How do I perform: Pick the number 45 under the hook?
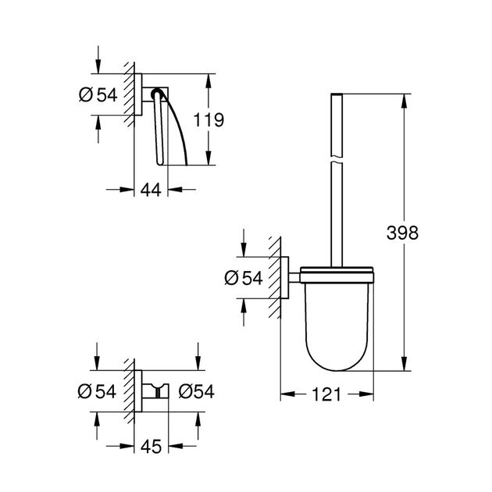pos(153,447)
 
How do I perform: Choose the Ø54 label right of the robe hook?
pos(196,391)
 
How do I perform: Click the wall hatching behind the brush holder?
pos(273,277)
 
